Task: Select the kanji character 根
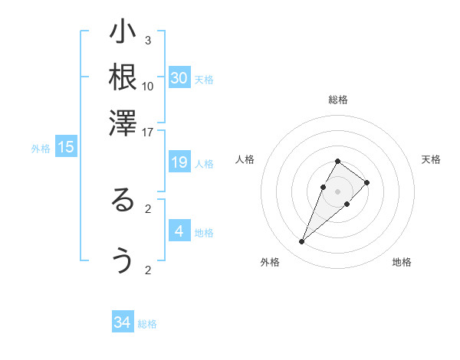click(x=123, y=77)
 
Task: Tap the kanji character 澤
click(x=123, y=123)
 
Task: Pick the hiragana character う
click(x=123, y=261)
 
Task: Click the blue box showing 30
click(x=179, y=78)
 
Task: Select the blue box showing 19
click(x=179, y=162)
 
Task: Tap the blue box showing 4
click(x=179, y=231)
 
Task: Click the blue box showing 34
click(x=123, y=322)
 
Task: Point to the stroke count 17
click(x=148, y=132)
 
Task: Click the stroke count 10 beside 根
click(x=148, y=86)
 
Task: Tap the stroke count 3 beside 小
click(x=148, y=40)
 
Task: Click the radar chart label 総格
click(x=338, y=100)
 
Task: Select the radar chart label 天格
click(x=431, y=159)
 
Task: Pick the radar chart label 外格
click(x=270, y=263)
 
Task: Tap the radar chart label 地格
click(x=402, y=263)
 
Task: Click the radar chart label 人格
click(x=245, y=159)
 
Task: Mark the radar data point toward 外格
click(x=301, y=242)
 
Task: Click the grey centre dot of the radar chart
click(x=338, y=191)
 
